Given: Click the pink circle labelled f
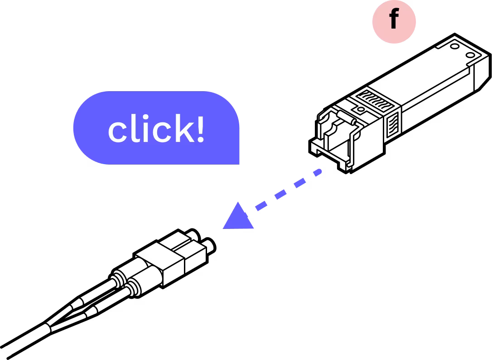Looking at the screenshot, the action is pyautogui.click(x=394, y=21).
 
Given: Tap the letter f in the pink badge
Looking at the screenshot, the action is pyautogui.click(x=393, y=19).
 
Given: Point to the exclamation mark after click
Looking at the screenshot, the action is pyautogui.click(x=200, y=128).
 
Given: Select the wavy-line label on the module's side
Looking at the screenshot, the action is pyautogui.click(x=393, y=123).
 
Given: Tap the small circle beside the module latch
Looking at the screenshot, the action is pyautogui.click(x=360, y=109).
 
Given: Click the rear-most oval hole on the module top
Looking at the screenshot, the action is pyautogui.click(x=470, y=55).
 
